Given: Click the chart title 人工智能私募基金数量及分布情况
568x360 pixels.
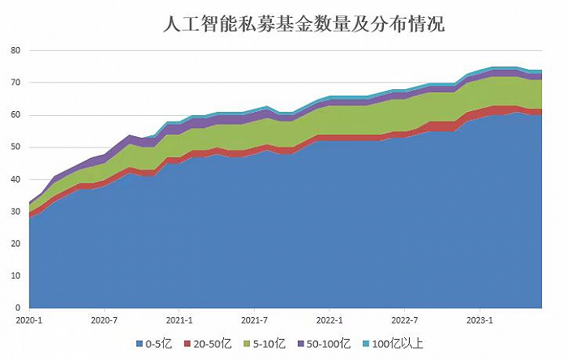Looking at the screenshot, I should tap(304, 24).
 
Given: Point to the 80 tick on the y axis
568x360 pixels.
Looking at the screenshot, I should tap(15, 50).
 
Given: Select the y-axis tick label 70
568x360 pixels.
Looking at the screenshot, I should tap(15, 83).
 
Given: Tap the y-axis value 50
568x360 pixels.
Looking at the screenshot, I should tap(15, 148).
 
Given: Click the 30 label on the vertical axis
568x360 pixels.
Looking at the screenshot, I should tap(15, 212).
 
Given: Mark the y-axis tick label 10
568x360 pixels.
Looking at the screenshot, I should tap(15, 276).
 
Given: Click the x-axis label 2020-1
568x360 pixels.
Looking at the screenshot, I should tap(29, 320).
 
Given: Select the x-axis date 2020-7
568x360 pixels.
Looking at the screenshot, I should tap(105, 320).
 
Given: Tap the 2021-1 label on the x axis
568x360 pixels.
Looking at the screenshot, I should tap(179, 320).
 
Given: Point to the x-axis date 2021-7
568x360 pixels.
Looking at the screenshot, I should tap(255, 320).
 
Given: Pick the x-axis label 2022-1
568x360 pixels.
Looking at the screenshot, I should tap(329, 320).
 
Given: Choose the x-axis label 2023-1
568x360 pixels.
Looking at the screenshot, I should tap(480, 320).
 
